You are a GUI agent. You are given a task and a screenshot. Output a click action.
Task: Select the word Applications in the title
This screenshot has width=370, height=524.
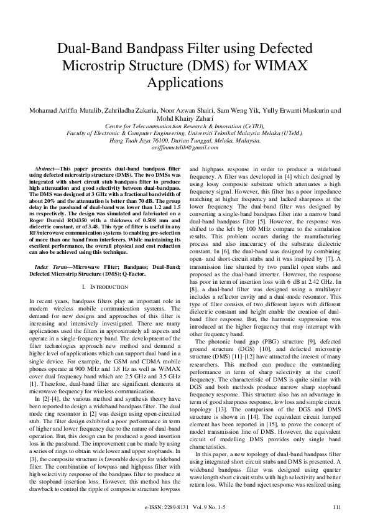(x=185, y=82)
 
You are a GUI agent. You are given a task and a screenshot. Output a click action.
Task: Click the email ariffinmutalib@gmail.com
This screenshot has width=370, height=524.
(x=185, y=148)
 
